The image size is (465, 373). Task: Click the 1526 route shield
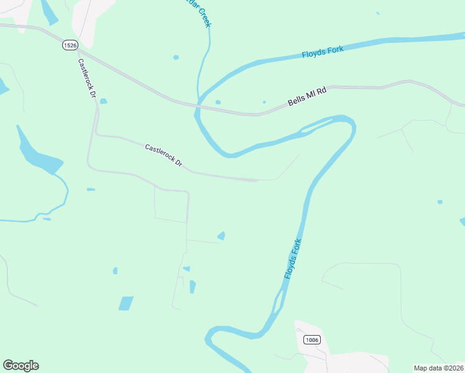(x=70, y=45)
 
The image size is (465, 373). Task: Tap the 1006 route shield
(x=311, y=339)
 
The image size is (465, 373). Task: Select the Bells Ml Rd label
(x=307, y=97)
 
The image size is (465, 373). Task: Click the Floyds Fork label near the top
(x=323, y=52)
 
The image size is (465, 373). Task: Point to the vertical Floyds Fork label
(x=293, y=259)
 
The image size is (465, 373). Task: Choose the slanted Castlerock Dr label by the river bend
(x=163, y=155)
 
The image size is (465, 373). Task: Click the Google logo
(x=21, y=366)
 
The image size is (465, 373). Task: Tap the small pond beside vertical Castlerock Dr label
(x=103, y=101)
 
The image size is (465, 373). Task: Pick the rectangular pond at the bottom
(x=126, y=303)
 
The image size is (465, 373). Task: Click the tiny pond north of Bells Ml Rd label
(x=264, y=102)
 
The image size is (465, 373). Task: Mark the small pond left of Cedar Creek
(x=176, y=57)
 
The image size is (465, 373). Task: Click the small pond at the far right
(x=440, y=201)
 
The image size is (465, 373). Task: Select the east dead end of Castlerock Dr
(x=257, y=180)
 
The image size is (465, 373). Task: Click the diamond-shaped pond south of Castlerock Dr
(x=221, y=236)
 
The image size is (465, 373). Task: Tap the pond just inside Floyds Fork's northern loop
(x=218, y=102)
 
